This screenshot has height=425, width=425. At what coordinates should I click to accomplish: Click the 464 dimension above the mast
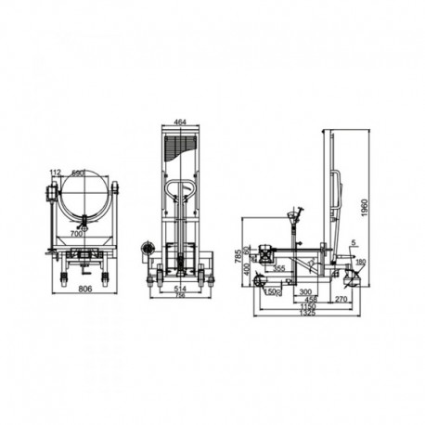[180, 122]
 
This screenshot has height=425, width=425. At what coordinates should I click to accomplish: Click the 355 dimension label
[279, 269]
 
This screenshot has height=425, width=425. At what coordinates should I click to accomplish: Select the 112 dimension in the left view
[55, 172]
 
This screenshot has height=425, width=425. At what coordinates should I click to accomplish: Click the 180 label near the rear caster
[361, 262]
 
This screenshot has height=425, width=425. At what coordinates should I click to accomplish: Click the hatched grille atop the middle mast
[180, 147]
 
